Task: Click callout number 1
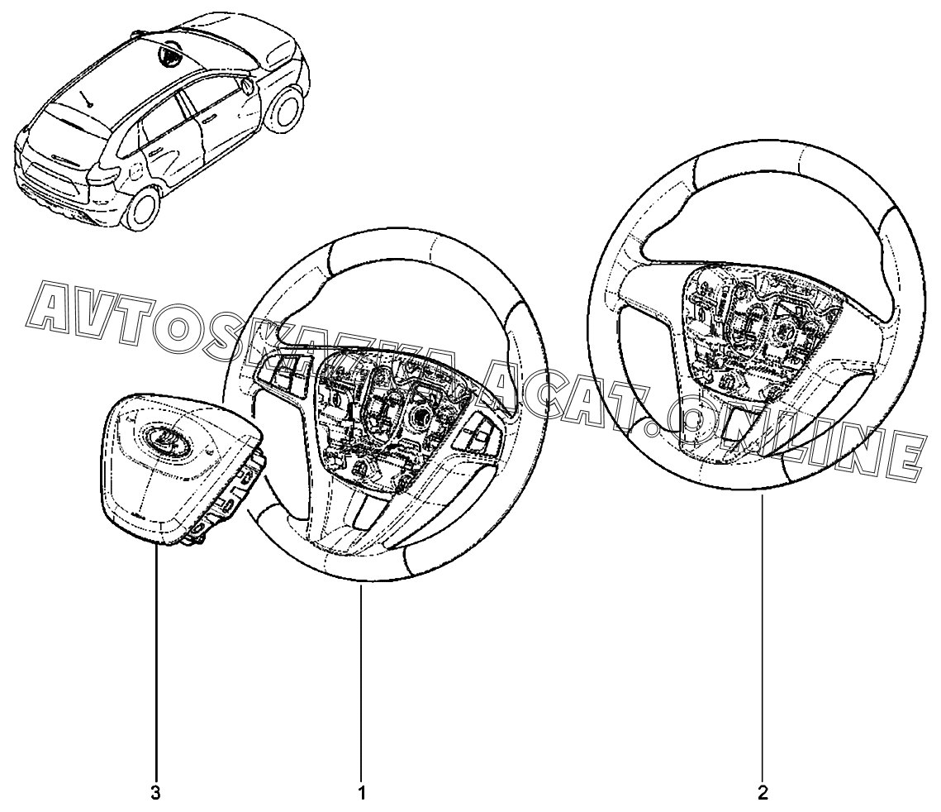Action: (x=361, y=794)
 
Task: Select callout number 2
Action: (x=763, y=794)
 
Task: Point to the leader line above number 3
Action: (x=155, y=662)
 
